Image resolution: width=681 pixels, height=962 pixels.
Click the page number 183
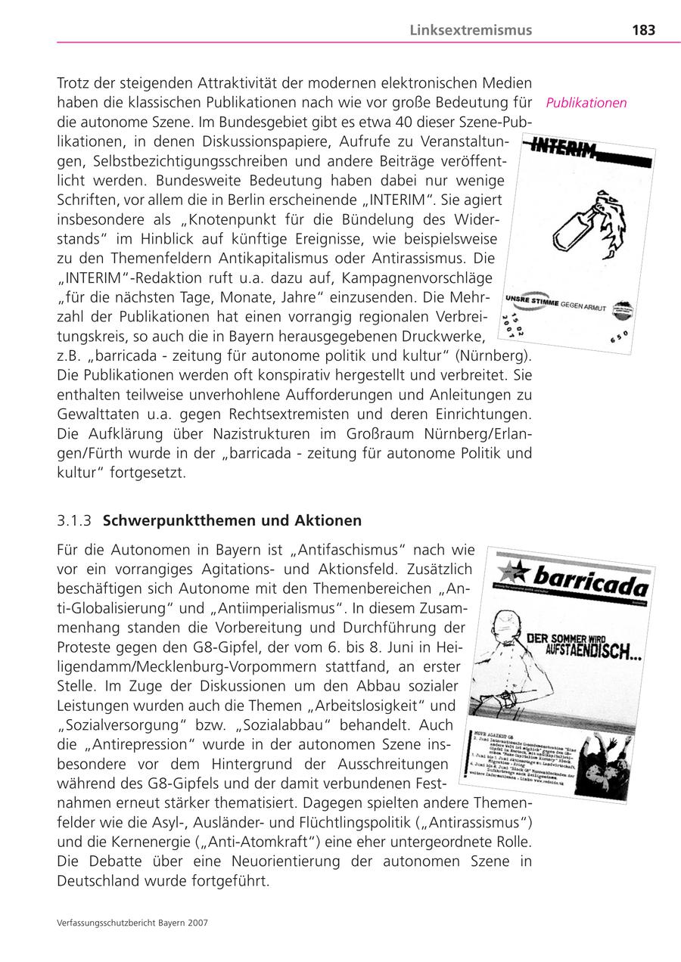[x=643, y=30]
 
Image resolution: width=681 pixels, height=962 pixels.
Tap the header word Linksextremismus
[x=471, y=30]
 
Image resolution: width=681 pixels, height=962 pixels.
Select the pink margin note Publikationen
[x=587, y=103]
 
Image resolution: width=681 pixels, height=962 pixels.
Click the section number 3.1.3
[x=74, y=521]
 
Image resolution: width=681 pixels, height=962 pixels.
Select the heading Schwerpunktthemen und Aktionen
[x=232, y=521]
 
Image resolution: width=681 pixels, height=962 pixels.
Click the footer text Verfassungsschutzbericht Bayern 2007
[x=132, y=923]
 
